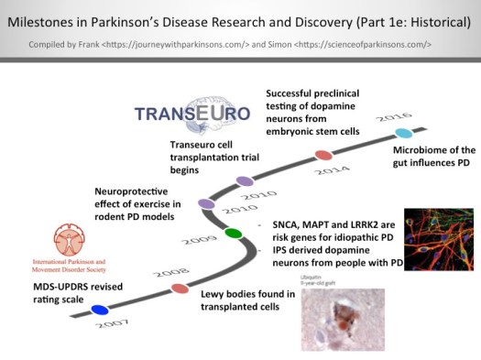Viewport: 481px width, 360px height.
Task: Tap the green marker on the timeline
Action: (233, 234)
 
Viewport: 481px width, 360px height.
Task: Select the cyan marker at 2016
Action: (403, 134)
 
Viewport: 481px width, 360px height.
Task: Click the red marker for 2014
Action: (322, 156)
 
